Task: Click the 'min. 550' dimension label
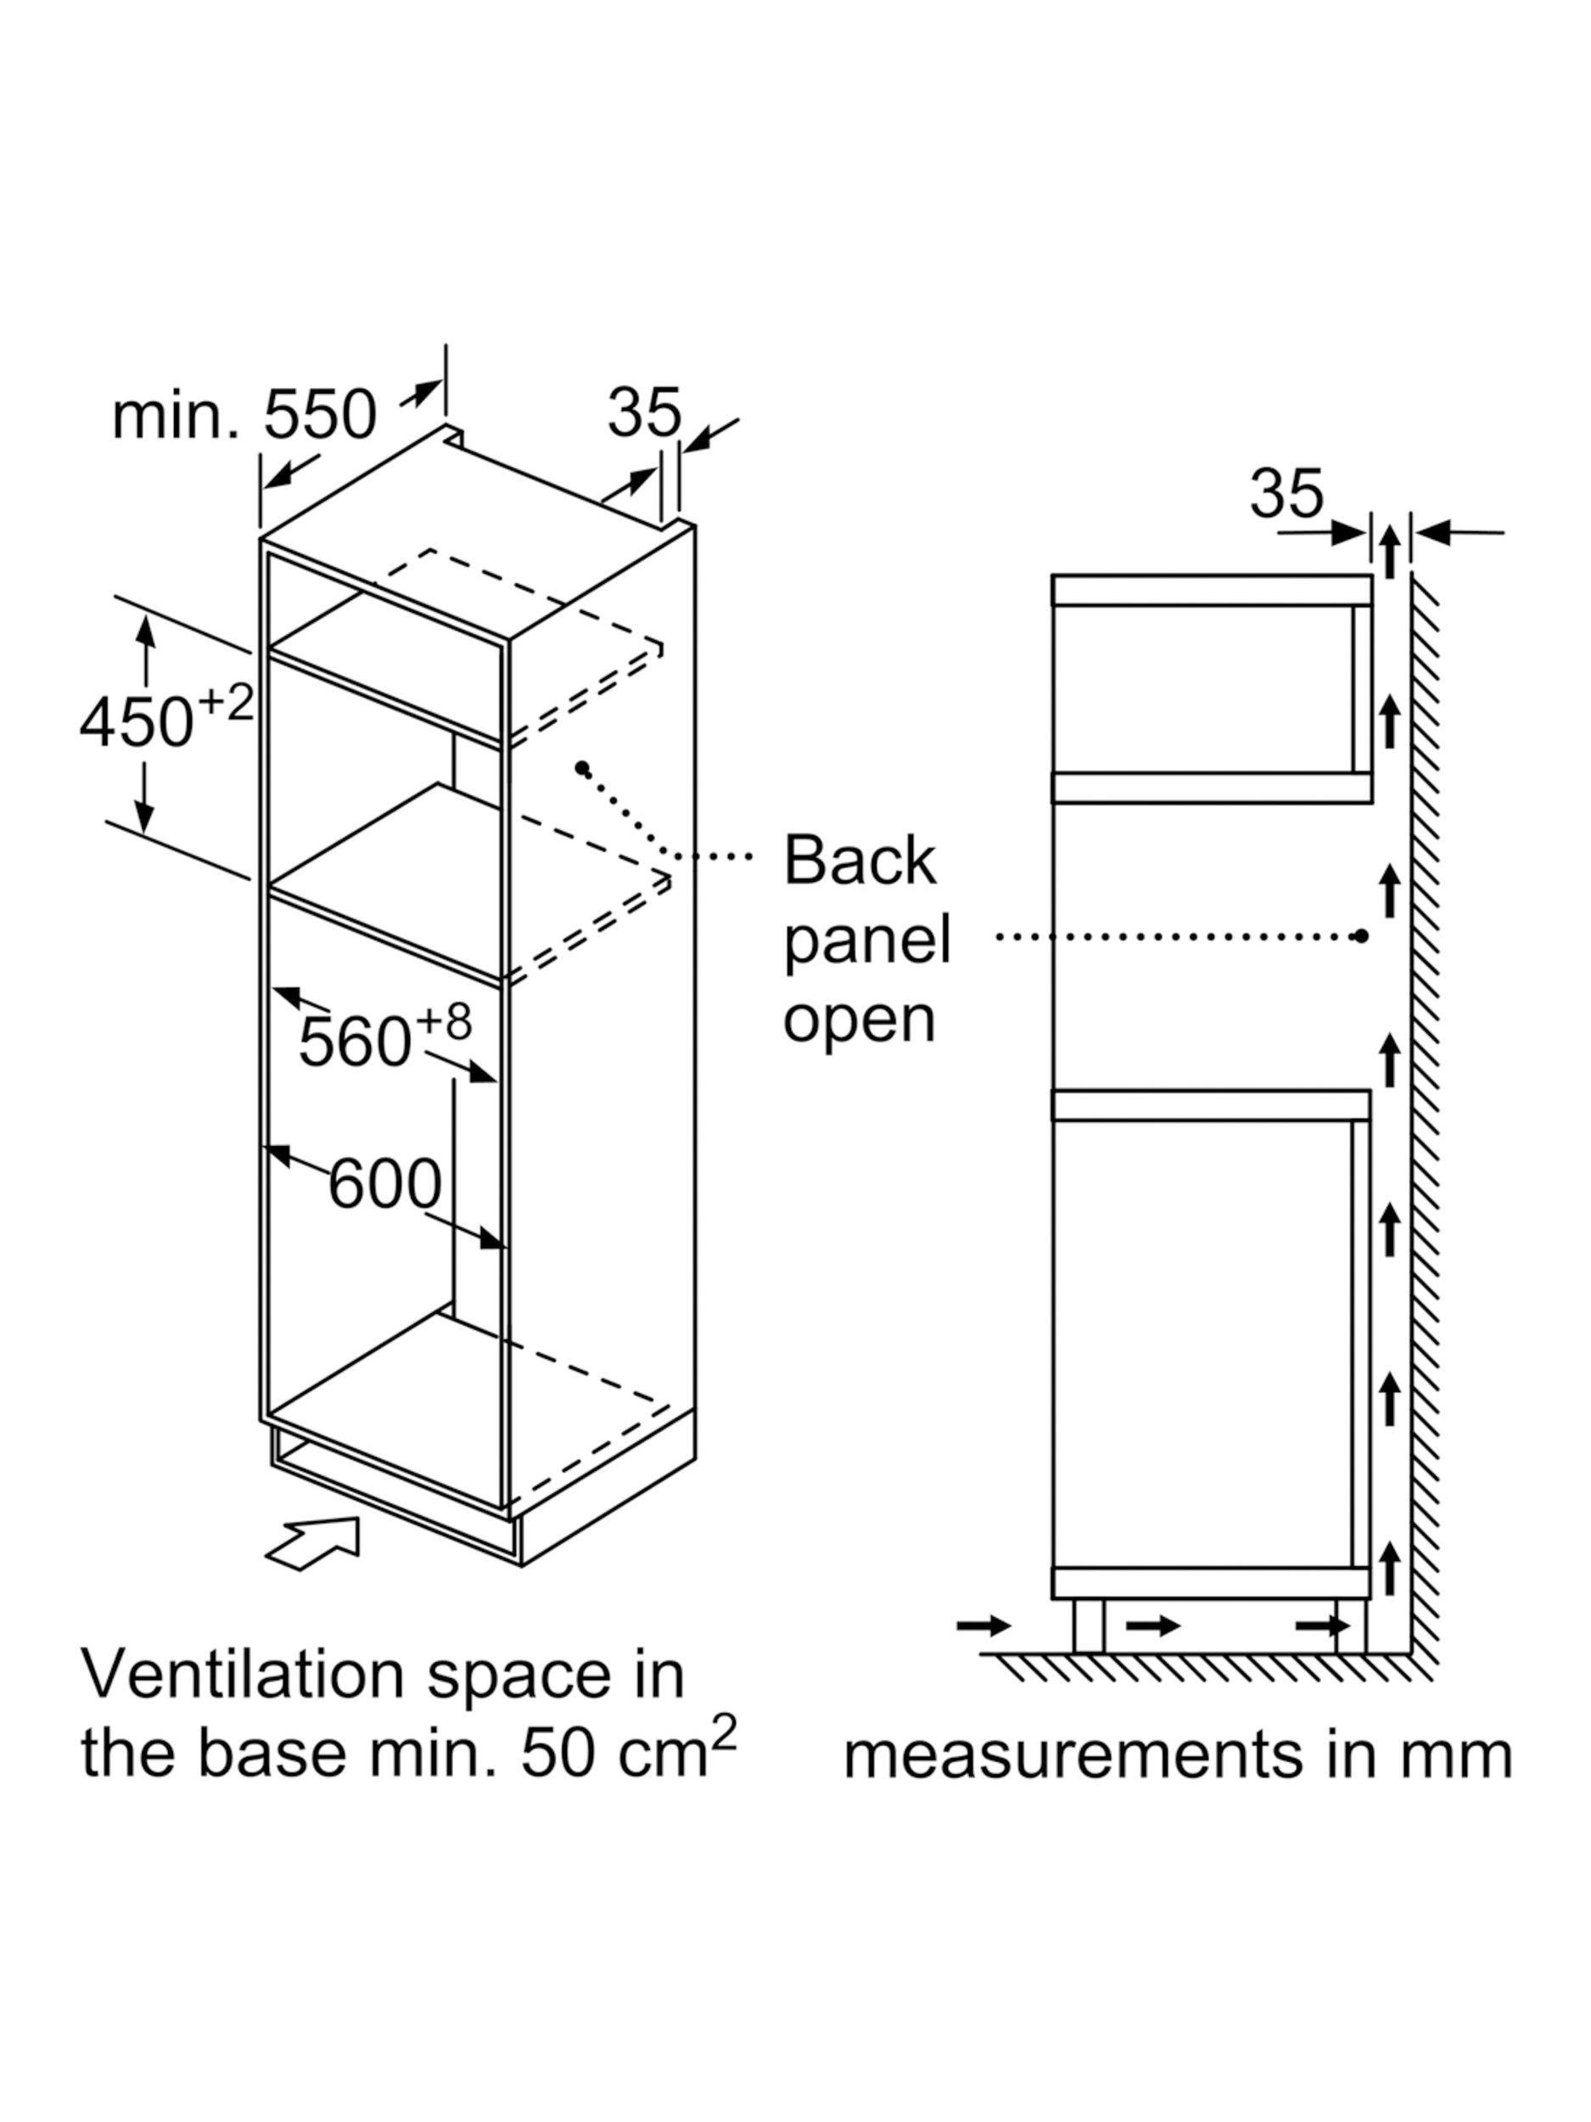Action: [x=244, y=417]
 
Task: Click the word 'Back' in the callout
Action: [x=860, y=861]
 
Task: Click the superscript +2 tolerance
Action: [x=227, y=703]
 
